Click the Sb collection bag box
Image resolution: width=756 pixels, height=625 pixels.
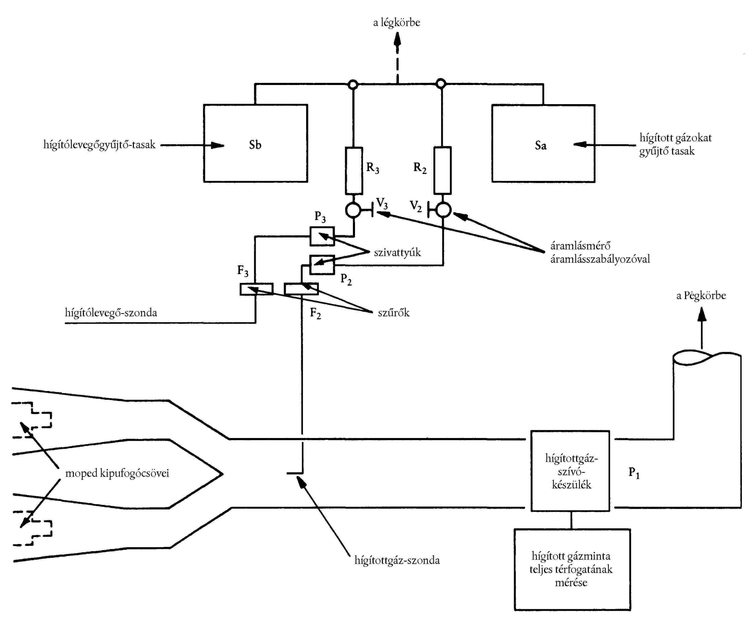255,143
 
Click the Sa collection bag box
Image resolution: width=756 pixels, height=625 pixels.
543,143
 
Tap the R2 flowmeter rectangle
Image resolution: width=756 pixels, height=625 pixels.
442,170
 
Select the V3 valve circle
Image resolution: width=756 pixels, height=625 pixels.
353,210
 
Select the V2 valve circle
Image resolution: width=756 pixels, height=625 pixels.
443,210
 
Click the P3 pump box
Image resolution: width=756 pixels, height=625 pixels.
322,236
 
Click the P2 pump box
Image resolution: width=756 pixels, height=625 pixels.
322,265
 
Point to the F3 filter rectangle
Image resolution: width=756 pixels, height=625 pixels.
256,289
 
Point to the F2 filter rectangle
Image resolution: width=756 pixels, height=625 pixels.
301,289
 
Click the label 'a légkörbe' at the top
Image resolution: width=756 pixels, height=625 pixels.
396,23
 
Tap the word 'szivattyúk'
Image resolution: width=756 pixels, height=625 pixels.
397,252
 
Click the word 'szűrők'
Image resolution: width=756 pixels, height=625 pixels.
394,313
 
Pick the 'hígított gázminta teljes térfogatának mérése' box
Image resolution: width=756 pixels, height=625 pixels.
572,569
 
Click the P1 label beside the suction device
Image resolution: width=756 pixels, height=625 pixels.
633,473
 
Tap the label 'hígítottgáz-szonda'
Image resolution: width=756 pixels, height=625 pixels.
397,560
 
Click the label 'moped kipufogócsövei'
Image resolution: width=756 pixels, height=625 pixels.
117,473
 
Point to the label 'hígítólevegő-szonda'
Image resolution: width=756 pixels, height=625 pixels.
111,313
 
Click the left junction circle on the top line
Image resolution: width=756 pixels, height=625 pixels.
353,84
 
